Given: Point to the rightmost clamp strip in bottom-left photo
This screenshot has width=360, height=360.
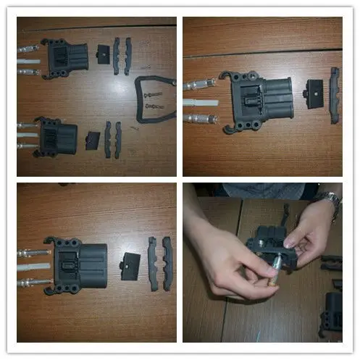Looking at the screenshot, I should [167, 263].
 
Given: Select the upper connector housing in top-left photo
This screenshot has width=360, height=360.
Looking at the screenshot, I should [67, 56].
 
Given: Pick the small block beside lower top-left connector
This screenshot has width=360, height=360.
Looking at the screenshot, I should [93, 140].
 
